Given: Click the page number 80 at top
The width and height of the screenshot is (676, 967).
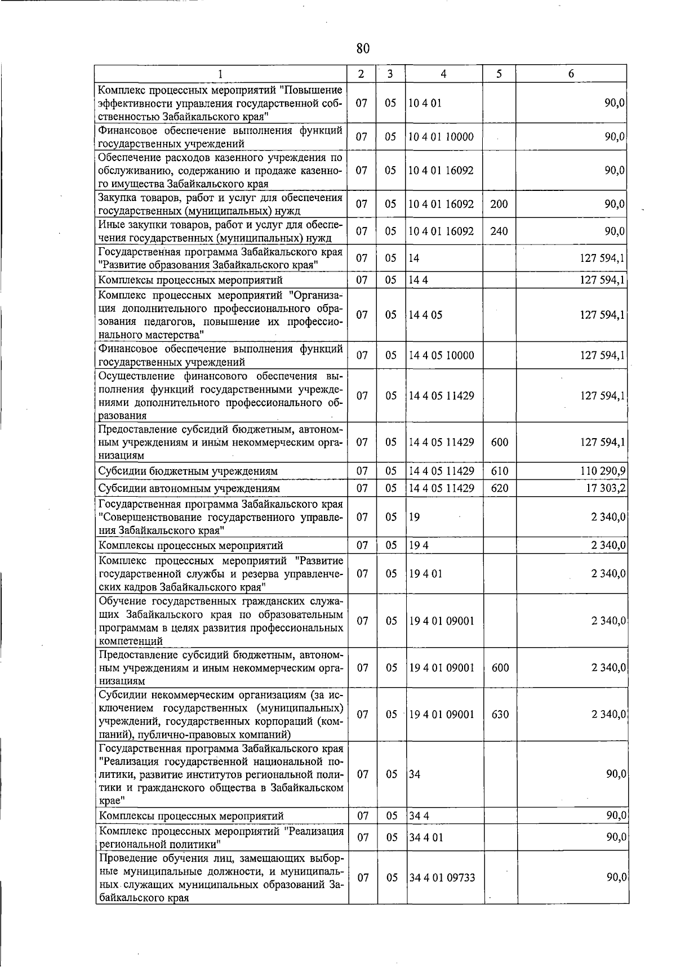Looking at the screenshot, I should click(x=363, y=49).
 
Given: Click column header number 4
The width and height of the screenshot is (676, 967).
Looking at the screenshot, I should click(x=444, y=74).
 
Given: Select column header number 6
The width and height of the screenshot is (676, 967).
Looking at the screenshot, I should click(x=571, y=74).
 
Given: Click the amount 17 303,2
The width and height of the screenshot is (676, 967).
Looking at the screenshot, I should click(x=606, y=488).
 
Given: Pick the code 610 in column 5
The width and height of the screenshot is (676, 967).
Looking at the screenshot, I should click(x=499, y=471).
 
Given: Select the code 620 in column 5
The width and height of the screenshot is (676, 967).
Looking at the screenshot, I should click(x=499, y=488).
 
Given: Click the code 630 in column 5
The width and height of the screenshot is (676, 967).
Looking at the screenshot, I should click(x=499, y=715).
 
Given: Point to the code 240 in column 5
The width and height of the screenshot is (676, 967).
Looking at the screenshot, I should click(x=499, y=231).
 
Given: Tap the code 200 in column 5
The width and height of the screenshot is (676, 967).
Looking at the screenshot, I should click(x=499, y=204).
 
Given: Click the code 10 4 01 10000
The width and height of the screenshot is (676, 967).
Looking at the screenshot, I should click(x=441, y=137).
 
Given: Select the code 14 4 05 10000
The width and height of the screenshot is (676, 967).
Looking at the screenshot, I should click(x=441, y=355).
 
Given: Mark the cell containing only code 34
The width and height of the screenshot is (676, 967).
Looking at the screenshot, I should click(x=415, y=774).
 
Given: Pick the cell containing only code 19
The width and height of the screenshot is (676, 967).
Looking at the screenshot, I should click(x=415, y=517).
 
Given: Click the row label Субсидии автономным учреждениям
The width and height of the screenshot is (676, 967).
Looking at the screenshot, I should click(x=189, y=488).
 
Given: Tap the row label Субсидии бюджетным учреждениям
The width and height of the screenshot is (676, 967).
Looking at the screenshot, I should click(x=188, y=471).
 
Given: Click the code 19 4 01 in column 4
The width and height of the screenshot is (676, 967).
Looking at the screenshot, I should click(x=425, y=574).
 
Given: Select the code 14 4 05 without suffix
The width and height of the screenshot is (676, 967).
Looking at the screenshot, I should click(x=425, y=315).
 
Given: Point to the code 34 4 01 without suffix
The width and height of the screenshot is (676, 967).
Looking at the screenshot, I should click(x=426, y=837).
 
